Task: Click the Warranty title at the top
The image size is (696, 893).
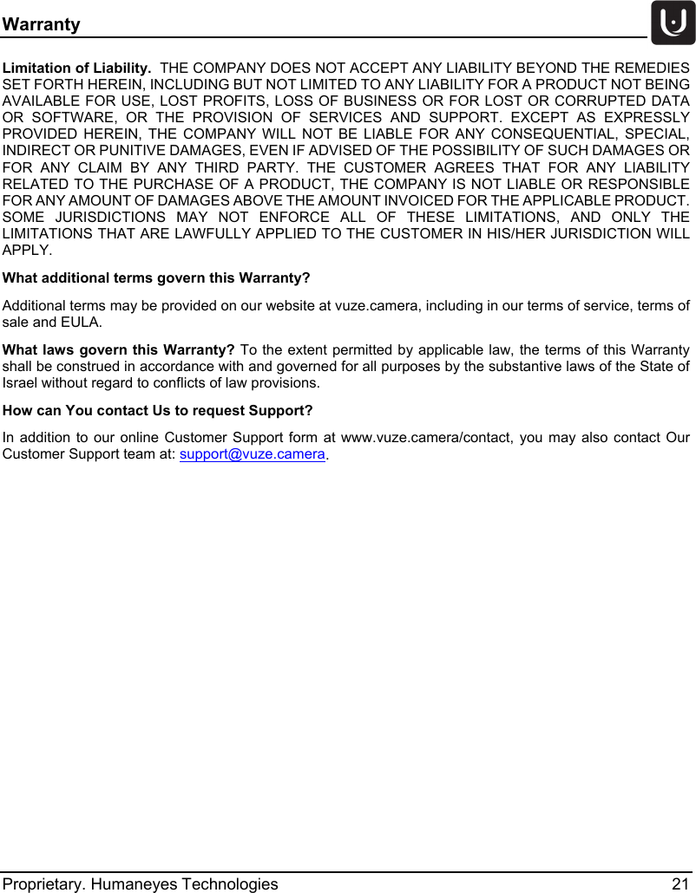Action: click(x=41, y=24)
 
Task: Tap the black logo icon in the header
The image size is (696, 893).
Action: click(x=673, y=23)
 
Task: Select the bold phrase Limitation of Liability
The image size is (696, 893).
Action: click(x=77, y=67)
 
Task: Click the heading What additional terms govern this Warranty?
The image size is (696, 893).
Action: click(x=157, y=278)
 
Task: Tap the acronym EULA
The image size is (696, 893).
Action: click(x=81, y=323)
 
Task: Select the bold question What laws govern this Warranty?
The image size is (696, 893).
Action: click(x=119, y=349)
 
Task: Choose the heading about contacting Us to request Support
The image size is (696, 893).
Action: click(x=158, y=409)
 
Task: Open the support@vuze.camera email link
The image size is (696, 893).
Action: click(x=253, y=454)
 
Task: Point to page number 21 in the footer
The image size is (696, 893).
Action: click(x=680, y=883)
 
